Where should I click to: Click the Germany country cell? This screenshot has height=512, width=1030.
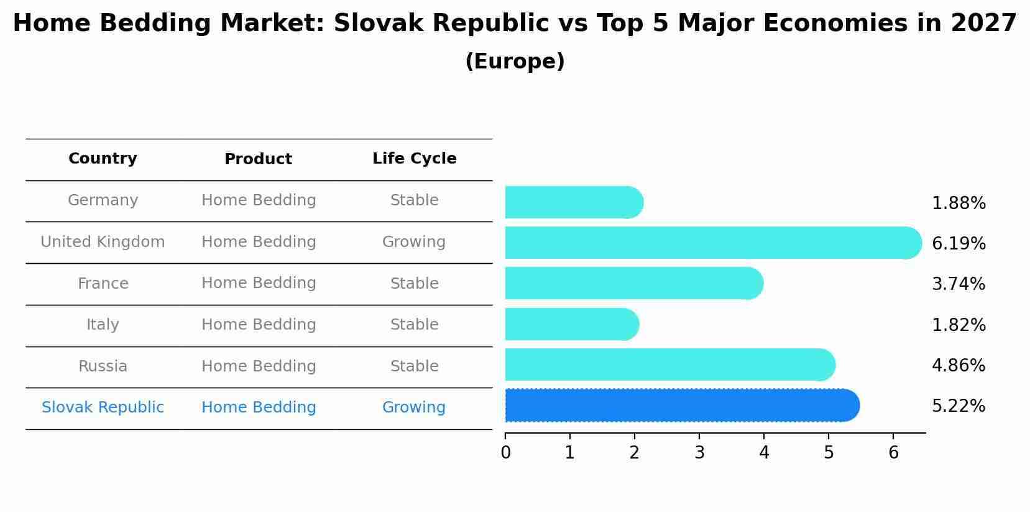point(103,200)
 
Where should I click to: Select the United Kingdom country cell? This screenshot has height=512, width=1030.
point(103,242)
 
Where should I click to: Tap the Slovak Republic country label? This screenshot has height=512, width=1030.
point(103,407)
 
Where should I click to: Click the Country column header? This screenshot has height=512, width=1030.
point(103,159)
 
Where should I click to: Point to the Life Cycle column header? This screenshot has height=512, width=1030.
point(414,159)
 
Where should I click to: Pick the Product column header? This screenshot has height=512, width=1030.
point(258,159)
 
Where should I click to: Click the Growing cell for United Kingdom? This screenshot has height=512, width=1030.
point(414,242)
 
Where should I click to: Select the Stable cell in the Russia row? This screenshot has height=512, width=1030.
point(414,366)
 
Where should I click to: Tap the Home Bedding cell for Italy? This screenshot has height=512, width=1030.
point(259,325)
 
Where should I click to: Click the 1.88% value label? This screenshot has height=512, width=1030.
point(959,203)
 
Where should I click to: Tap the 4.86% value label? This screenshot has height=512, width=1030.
point(959,366)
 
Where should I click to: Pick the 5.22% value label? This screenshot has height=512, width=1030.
point(959,406)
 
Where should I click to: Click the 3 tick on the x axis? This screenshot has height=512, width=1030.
point(699,453)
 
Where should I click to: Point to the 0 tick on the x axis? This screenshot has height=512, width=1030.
point(505,453)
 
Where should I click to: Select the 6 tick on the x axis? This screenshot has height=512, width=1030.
point(893,453)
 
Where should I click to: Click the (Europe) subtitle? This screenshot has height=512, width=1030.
point(515,62)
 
